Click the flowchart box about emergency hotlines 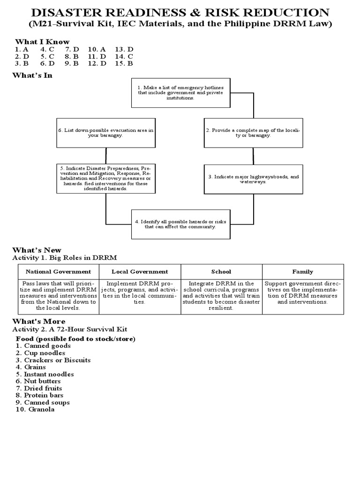tap(180, 93)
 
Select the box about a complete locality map tap(254, 132)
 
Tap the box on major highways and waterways tap(254, 179)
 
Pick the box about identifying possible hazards tap(180, 224)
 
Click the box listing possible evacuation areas tap(106, 132)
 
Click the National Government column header tap(58, 271)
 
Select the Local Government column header tap(140, 271)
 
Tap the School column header tap(221, 271)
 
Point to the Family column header tap(302, 271)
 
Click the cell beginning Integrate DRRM tap(221, 296)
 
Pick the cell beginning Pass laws tap(58, 296)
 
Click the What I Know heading tap(42, 42)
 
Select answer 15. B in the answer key tap(124, 63)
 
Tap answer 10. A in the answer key tap(97, 49)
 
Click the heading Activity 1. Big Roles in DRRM tap(64, 257)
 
